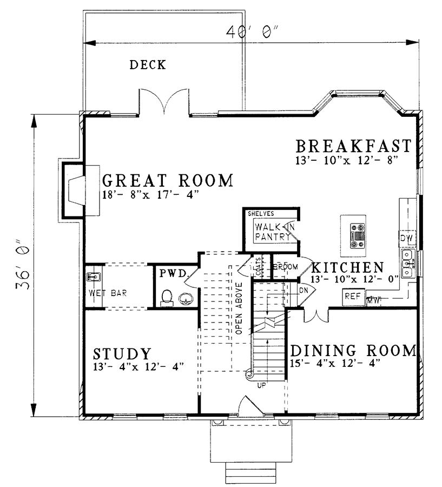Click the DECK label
pyautogui.click(x=148, y=65)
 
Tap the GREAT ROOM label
pyautogui.click(x=168, y=180)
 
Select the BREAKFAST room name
pyautogui.click(x=353, y=146)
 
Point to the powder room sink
pyautogui.click(x=186, y=299)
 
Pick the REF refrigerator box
pyautogui.click(x=353, y=297)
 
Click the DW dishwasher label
pyautogui.click(x=406, y=239)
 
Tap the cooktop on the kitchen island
pyautogui.click(x=358, y=236)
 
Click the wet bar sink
pyautogui.click(x=93, y=276)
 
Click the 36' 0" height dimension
pyautogui.click(x=23, y=264)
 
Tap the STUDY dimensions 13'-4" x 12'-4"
pyautogui.click(x=138, y=366)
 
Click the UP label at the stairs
pyautogui.click(x=261, y=385)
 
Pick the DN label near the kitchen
pyautogui.click(x=304, y=290)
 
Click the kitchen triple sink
pyautogui.click(x=407, y=264)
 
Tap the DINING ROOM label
pyautogui.click(x=353, y=351)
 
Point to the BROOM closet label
pyautogui.click(x=285, y=267)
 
